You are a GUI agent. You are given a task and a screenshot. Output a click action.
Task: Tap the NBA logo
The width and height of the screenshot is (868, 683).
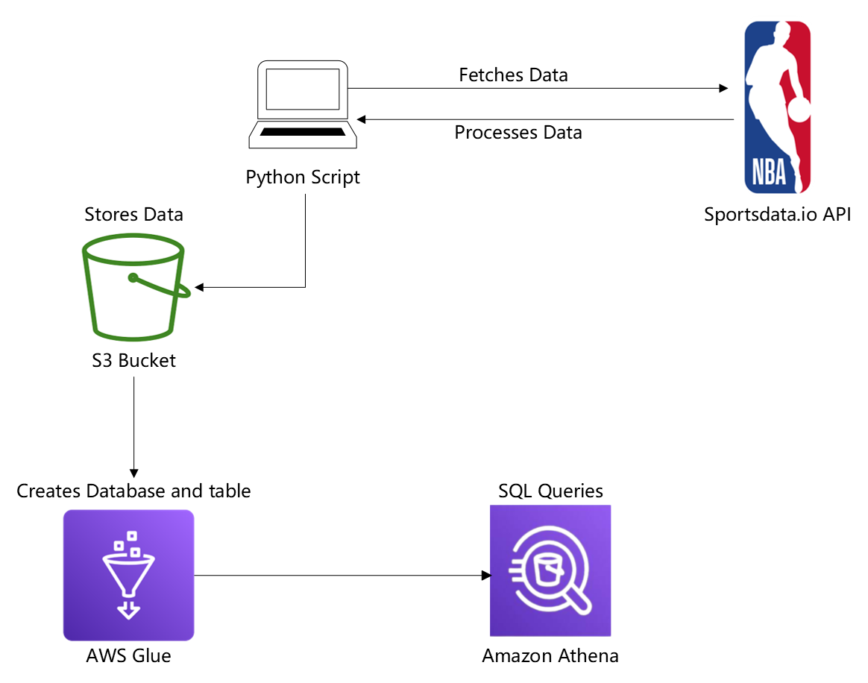pos(778,107)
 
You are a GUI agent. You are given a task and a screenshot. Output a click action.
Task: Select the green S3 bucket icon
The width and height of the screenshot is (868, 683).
pos(133,285)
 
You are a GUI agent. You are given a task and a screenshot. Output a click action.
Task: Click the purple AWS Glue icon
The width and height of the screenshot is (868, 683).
pos(128,575)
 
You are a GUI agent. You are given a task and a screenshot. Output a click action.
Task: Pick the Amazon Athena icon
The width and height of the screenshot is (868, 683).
pos(550,570)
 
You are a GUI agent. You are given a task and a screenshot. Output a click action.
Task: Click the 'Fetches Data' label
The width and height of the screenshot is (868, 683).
pos(513,75)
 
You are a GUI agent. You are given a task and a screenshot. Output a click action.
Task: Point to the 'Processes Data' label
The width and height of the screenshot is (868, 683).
pos(518,133)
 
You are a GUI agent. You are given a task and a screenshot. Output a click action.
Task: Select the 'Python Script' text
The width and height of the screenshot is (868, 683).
pos(303,177)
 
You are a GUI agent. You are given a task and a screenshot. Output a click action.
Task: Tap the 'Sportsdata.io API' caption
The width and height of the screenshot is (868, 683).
pos(778,215)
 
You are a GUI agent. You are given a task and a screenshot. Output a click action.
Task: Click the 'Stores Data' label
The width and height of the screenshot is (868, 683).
pos(133,215)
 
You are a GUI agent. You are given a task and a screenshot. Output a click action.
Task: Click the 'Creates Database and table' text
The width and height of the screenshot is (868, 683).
pos(133,491)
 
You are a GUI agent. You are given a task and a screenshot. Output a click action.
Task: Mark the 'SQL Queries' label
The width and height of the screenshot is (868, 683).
pos(550,491)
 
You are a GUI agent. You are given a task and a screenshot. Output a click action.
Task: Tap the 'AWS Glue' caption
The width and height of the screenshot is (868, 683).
pos(128,656)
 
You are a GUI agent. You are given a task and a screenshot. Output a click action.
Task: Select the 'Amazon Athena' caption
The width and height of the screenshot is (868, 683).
pos(550,656)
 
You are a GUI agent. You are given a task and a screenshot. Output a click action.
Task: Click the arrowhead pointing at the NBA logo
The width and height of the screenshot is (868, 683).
pos(723,89)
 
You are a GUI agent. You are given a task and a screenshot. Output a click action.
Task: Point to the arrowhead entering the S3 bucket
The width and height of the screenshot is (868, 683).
pos(199,287)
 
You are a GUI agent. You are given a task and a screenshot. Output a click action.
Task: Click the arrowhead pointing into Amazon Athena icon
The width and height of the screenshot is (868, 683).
pos(486,576)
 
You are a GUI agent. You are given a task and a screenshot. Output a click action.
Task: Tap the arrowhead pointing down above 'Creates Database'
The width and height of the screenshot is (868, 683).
pos(133,473)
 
